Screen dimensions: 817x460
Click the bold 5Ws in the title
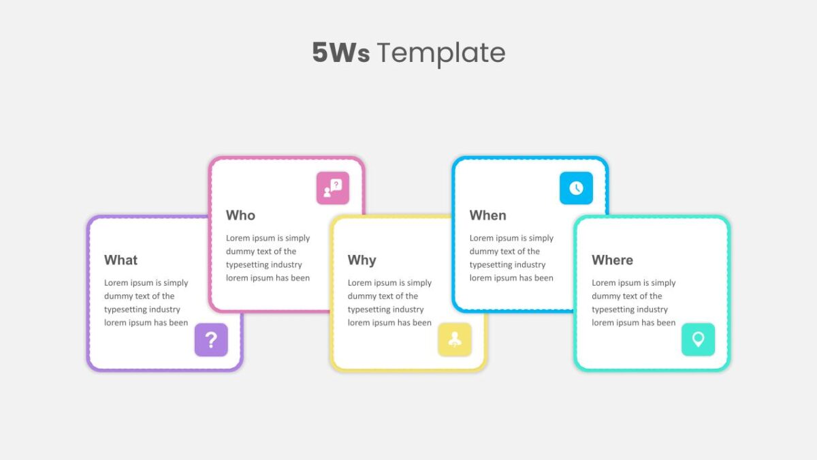(x=341, y=52)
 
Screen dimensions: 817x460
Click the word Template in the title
(x=441, y=54)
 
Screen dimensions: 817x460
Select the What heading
(x=121, y=260)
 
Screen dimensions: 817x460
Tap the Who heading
(x=240, y=215)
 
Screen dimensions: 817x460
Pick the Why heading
(x=362, y=260)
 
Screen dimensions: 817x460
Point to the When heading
(x=487, y=215)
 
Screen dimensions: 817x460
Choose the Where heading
(x=612, y=260)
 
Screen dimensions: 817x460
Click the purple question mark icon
(x=211, y=339)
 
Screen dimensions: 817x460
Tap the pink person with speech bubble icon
(x=333, y=188)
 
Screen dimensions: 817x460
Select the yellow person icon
(x=455, y=339)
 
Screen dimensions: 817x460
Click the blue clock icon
(x=576, y=188)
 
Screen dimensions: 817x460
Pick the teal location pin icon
(x=698, y=339)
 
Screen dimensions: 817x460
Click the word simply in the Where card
(x=663, y=283)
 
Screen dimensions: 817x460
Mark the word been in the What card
(x=178, y=323)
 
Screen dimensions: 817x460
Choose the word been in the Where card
(x=666, y=323)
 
